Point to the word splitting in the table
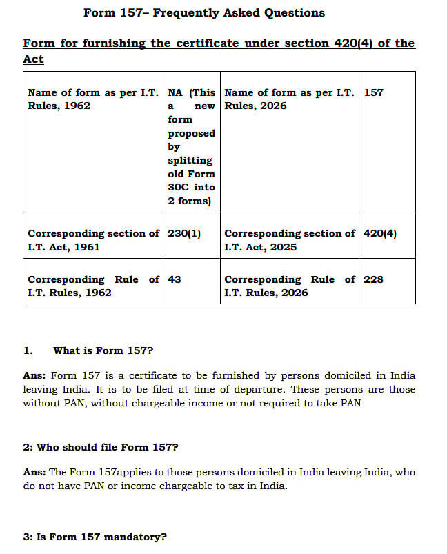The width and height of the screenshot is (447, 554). (190, 160)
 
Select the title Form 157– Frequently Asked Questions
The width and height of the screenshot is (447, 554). (204, 12)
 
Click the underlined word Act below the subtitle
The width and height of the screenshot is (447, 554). (33, 59)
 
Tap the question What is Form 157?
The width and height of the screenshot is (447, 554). (103, 350)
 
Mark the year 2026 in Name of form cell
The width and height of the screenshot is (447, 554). (273, 106)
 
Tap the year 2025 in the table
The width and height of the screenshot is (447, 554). (283, 247)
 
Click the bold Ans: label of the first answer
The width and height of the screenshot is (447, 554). (35, 376)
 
